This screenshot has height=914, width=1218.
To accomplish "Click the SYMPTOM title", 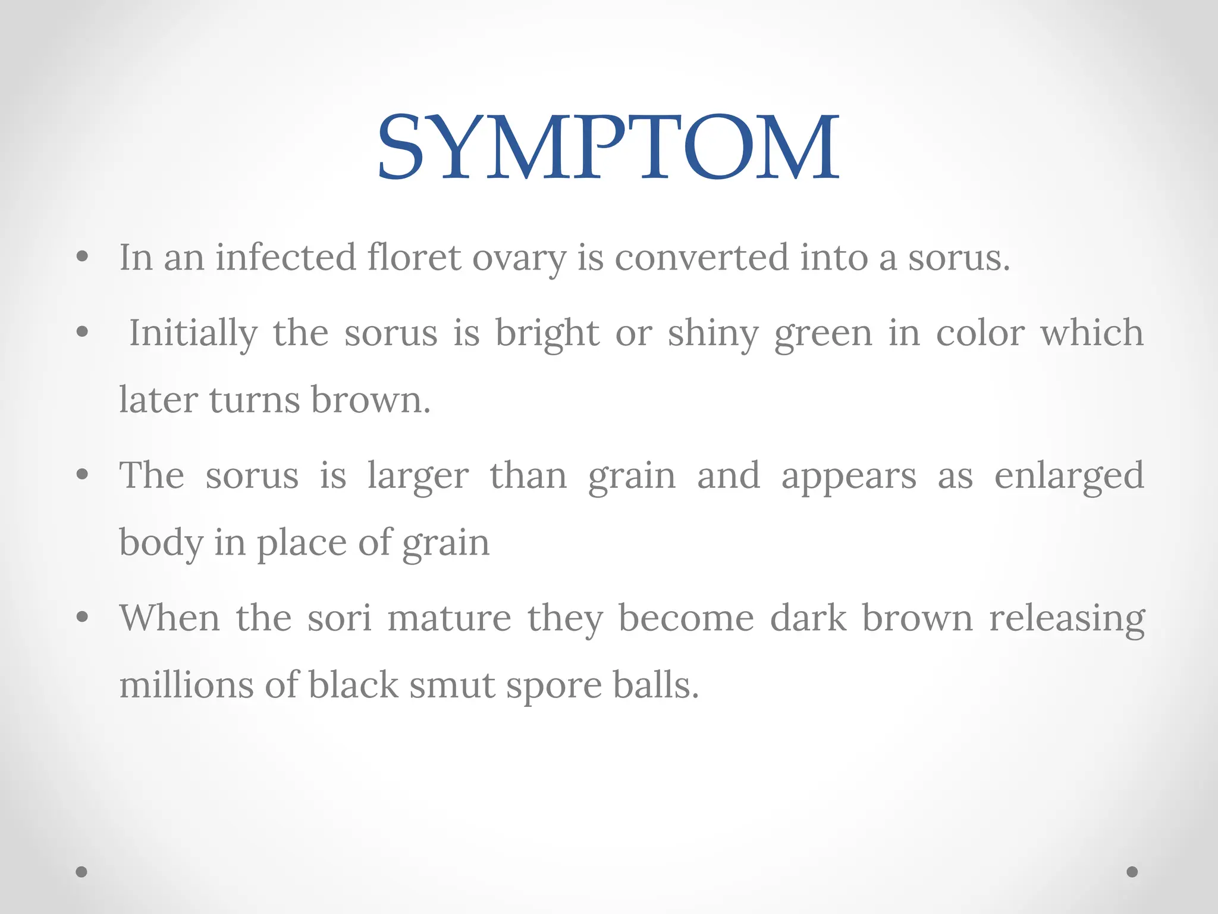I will (x=608, y=147).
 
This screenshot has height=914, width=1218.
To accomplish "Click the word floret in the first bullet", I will (x=414, y=258).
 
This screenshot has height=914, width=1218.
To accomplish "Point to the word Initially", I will (x=193, y=333).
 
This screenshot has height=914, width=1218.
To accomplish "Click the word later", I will (x=158, y=399).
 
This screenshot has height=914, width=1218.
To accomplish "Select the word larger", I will (x=417, y=477).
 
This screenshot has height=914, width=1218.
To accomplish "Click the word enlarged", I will (x=1069, y=477).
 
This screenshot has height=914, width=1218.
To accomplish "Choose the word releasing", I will (x=1067, y=619).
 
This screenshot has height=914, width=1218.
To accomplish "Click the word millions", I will (x=186, y=685).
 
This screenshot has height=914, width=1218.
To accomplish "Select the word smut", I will (x=451, y=685).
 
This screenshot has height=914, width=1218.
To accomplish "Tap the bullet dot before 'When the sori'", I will (x=83, y=617).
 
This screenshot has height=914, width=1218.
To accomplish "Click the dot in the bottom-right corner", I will (x=1132, y=872).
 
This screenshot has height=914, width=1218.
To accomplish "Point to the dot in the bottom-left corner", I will (x=81, y=872).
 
